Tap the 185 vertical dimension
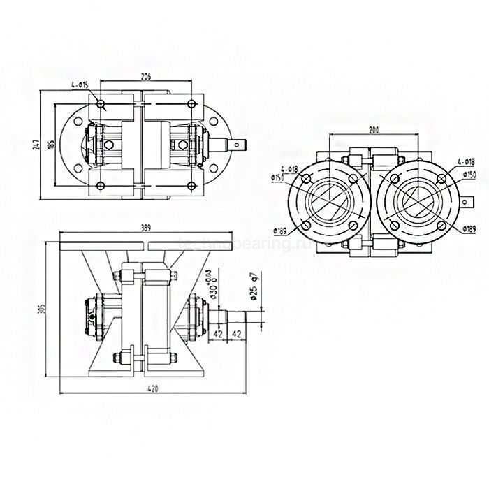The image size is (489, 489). pos(51,145)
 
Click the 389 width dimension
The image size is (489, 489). pos(146,228)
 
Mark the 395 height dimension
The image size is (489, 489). pos(43,307)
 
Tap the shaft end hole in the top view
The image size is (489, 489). pos(240,145)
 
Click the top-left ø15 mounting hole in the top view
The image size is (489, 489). pos(101,105)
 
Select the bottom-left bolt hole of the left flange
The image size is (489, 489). pos(305,226)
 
